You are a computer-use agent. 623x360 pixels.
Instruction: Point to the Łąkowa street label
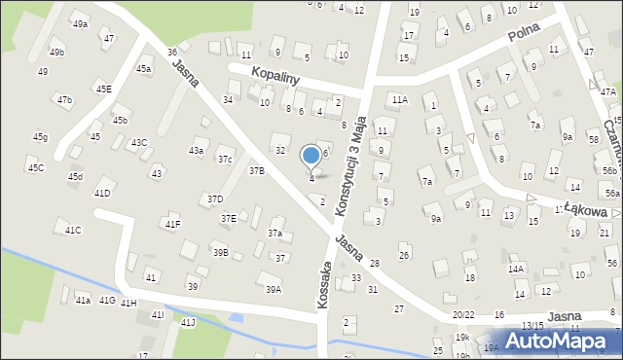[x=587, y=209]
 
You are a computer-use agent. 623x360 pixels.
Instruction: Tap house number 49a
[x=80, y=24]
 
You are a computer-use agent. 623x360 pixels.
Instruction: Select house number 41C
[x=73, y=230]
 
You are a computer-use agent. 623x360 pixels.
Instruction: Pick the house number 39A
[x=274, y=289]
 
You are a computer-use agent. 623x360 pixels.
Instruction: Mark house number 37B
[x=256, y=170]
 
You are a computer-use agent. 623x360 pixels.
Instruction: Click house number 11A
[x=400, y=99]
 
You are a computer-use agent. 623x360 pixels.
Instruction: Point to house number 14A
[x=516, y=269]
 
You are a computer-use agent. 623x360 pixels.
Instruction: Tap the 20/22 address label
[x=464, y=315]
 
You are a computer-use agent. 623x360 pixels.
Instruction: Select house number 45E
[x=103, y=90]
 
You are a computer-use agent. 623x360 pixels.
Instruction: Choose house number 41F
[x=172, y=225]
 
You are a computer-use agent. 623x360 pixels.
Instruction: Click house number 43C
[x=139, y=143]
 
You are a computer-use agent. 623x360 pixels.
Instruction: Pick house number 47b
[x=64, y=99]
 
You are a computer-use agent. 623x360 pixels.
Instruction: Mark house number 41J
[x=188, y=322]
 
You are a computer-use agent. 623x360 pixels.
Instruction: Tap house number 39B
[x=221, y=253]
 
